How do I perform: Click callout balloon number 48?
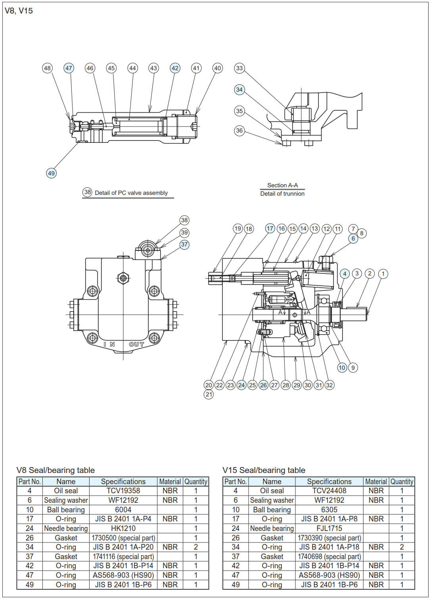click(47, 68)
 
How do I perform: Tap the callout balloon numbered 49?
click(51, 173)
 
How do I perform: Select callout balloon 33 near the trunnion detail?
click(239, 68)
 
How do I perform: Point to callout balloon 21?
click(209, 394)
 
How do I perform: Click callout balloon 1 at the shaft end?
click(383, 273)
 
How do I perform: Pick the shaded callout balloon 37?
click(184, 244)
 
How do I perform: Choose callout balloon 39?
click(184, 233)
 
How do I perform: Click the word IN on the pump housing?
click(109, 344)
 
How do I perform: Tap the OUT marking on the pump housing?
click(136, 344)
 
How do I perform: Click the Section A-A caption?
click(282, 185)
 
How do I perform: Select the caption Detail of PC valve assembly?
click(131, 193)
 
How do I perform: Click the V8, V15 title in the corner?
click(19, 11)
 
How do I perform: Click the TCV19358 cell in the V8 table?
click(123, 490)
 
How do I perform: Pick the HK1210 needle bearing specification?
click(123, 528)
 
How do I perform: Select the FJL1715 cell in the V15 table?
click(329, 528)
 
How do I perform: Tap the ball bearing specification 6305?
click(329, 510)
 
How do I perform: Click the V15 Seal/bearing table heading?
click(264, 470)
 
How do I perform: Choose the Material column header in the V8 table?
click(170, 481)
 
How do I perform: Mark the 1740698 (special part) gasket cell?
click(329, 556)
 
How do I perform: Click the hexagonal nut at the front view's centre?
click(123, 278)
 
